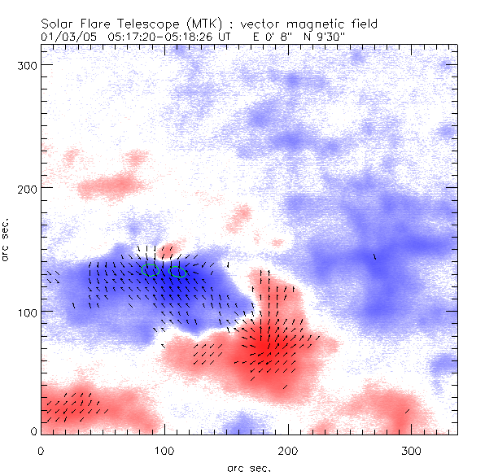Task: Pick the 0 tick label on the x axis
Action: click(x=41, y=449)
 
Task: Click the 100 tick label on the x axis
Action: click(x=164, y=449)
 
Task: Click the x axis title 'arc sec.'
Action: click(x=247, y=467)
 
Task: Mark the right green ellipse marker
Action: click(x=178, y=273)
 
